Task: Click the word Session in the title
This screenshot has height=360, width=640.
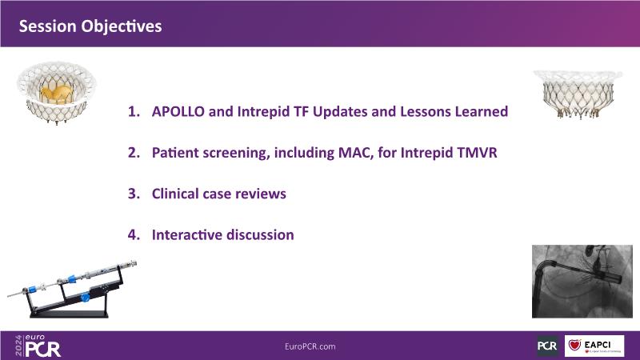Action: pyautogui.click(x=47, y=26)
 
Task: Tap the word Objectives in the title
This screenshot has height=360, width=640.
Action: pyautogui.click(x=122, y=26)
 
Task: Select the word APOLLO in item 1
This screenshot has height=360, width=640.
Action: pyautogui.click(x=178, y=111)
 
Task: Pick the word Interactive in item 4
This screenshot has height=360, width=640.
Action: pyautogui.click(x=186, y=234)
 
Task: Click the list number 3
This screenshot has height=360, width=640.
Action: pyautogui.click(x=134, y=194)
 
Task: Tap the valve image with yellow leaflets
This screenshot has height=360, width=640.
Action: pyautogui.click(x=56, y=93)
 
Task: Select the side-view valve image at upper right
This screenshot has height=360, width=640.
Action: pyautogui.click(x=578, y=94)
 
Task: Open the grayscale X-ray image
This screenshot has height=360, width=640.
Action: pyautogui.click(x=582, y=282)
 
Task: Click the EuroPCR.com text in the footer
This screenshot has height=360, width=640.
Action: pyautogui.click(x=310, y=346)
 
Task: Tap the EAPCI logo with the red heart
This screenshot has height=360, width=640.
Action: pyautogui.click(x=594, y=346)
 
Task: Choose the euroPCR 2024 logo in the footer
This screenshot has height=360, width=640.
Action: pyautogui.click(x=38, y=346)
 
